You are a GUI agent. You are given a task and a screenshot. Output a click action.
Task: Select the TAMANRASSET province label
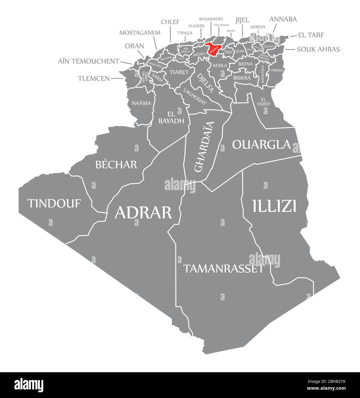223,269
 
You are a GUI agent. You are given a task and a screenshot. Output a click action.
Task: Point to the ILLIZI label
274,206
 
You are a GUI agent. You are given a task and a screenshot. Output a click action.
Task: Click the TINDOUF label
54,203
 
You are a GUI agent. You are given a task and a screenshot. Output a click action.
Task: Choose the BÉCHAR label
116,165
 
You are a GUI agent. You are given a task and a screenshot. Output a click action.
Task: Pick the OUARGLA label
261,145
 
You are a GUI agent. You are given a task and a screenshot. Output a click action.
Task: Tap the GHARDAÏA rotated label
204,147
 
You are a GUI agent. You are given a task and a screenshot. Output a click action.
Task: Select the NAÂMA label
141,103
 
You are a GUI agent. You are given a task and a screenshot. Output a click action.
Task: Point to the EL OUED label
263,102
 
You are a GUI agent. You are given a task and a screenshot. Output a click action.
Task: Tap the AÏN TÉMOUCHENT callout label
89,61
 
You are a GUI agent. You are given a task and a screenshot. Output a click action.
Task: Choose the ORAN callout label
134,46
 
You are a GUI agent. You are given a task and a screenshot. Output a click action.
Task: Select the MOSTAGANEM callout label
140,32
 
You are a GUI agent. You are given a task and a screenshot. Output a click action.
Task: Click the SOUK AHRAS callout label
318,49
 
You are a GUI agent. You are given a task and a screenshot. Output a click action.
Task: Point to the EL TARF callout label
311,35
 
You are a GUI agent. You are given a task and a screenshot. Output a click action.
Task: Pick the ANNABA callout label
283,19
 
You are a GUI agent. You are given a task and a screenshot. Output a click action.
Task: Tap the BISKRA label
242,78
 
